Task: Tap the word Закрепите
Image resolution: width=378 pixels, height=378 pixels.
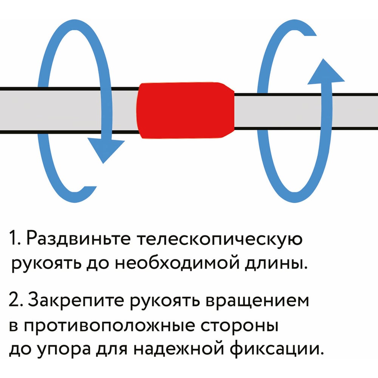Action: click(x=77, y=301)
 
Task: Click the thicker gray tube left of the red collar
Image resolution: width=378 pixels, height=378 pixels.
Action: click(x=68, y=110)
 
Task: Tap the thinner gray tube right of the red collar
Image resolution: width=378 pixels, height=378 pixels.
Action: click(x=302, y=110)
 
